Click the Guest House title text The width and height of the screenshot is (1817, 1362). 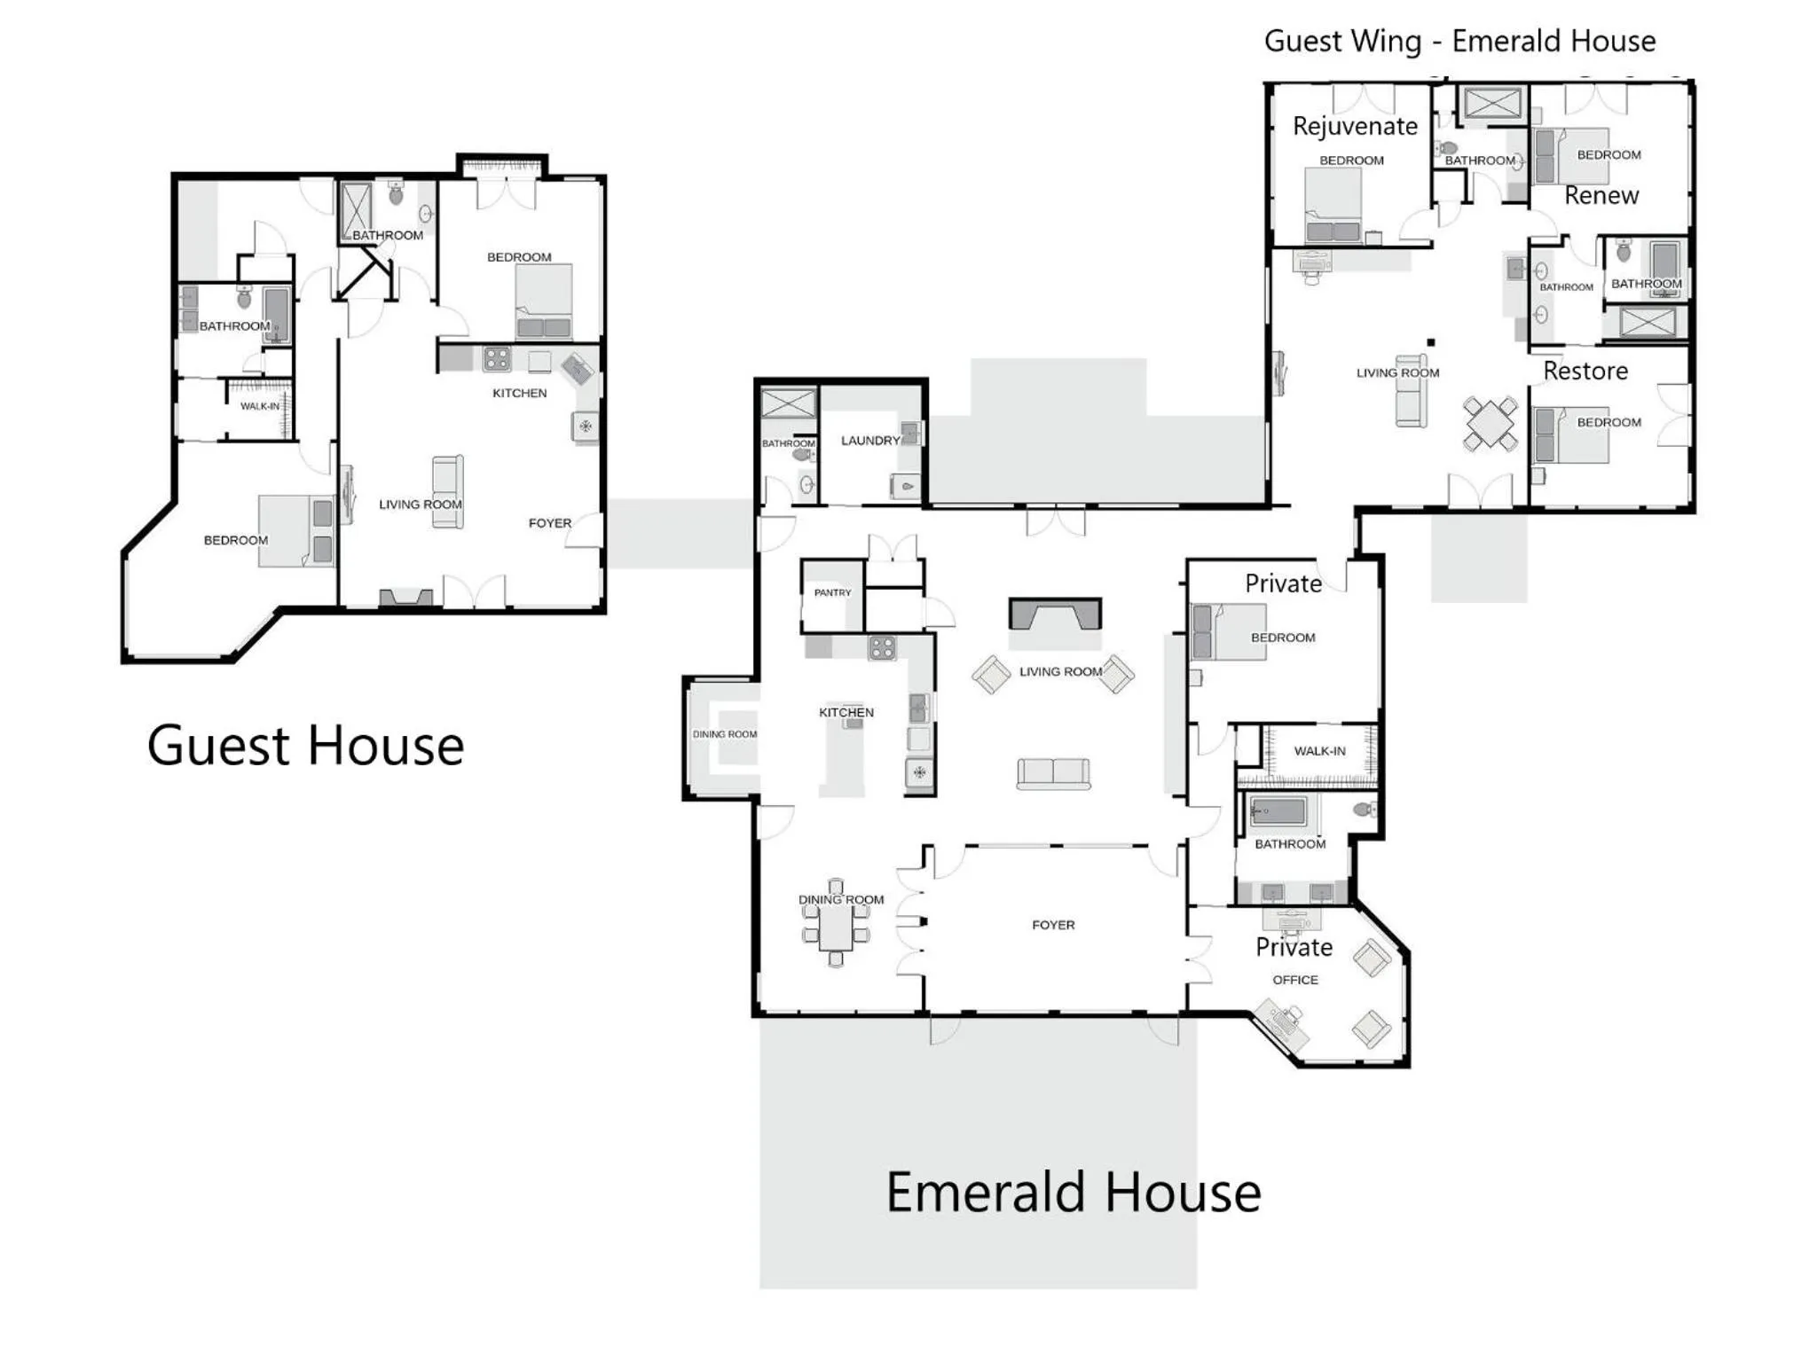click(305, 746)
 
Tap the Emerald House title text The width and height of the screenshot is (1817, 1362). click(1074, 1193)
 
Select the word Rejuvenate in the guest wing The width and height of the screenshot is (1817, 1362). click(1355, 126)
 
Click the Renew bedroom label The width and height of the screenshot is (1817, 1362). click(1601, 195)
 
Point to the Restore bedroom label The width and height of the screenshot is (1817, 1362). click(1585, 371)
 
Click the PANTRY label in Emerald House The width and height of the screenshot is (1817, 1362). click(832, 592)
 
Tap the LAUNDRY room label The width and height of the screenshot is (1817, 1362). click(870, 441)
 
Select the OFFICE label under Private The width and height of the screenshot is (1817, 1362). click(1295, 980)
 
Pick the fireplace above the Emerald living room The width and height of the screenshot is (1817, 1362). click(1055, 614)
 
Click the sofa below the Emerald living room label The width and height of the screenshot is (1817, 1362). click(1053, 773)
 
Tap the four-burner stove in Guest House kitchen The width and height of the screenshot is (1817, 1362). click(497, 359)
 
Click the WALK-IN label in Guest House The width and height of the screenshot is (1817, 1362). click(260, 406)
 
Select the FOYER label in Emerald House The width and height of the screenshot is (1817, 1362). click(1053, 925)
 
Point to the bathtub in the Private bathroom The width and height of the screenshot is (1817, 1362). click(1278, 810)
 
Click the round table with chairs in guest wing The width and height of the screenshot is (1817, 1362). click(1491, 424)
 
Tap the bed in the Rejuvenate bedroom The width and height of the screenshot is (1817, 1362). click(1333, 206)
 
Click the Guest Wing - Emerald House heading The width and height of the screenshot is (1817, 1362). click(1459, 41)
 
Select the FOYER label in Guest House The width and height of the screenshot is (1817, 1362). click(550, 523)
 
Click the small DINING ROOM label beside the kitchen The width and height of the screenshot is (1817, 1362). click(725, 734)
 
